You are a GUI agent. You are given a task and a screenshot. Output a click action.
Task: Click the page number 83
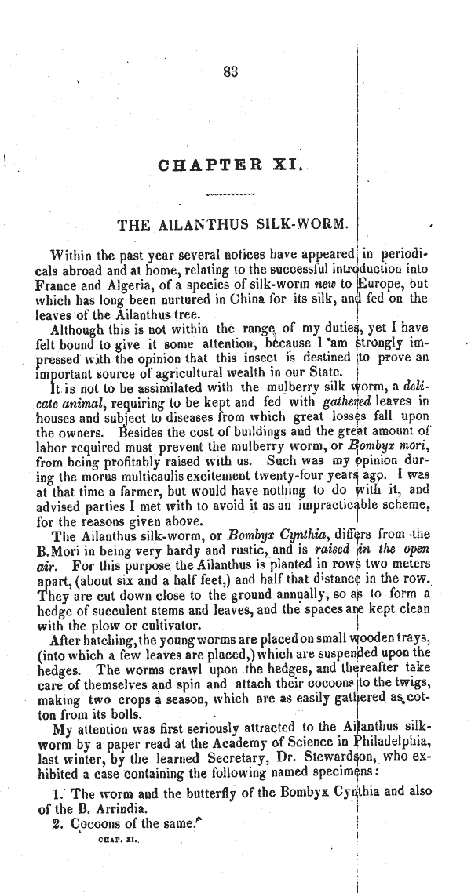(x=230, y=71)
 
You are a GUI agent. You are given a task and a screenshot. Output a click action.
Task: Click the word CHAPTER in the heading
(x=204, y=165)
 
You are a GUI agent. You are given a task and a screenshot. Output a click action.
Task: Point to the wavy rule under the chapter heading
(x=230, y=192)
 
